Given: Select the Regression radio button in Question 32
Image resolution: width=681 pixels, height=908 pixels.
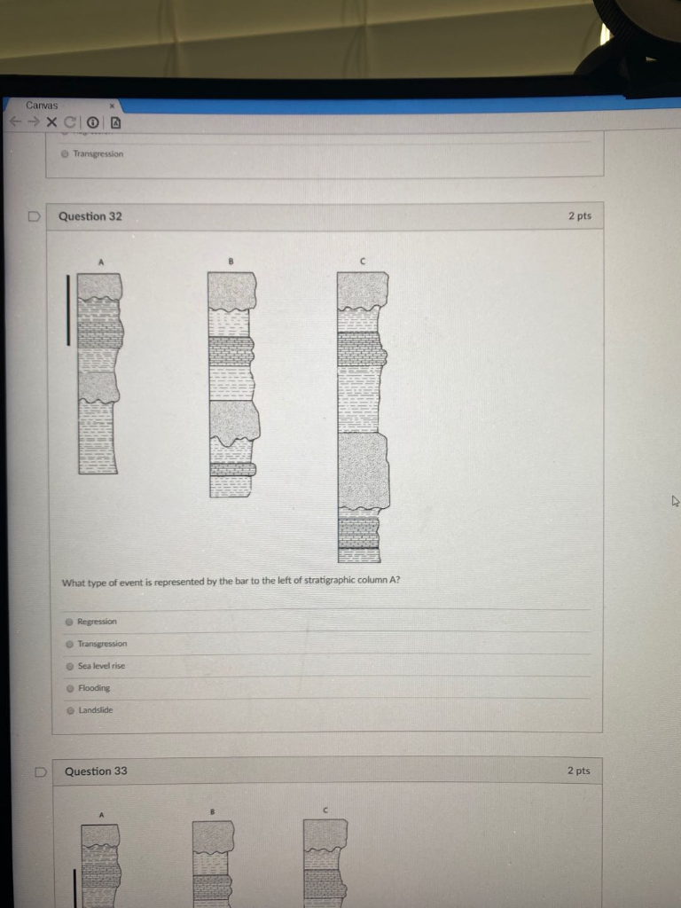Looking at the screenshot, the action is tap(69, 622).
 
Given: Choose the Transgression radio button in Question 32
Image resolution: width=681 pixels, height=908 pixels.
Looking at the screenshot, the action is tap(69, 644).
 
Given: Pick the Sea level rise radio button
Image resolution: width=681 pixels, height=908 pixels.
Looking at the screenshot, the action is tap(70, 666).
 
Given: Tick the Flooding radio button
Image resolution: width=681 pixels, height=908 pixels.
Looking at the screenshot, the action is tap(71, 688).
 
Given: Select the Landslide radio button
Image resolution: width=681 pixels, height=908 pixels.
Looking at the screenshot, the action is tap(71, 710).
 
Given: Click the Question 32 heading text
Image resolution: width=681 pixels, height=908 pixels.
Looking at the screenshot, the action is tap(90, 216).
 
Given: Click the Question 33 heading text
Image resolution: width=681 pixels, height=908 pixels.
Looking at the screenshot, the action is tap(96, 771).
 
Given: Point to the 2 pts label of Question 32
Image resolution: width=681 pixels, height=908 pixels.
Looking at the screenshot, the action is tap(580, 216).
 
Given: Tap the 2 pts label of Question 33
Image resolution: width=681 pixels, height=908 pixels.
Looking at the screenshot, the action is tap(578, 771).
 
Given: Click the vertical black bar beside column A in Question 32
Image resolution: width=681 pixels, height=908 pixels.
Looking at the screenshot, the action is tap(68, 310).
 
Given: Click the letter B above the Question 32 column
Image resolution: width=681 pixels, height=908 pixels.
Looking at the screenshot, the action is tap(231, 262).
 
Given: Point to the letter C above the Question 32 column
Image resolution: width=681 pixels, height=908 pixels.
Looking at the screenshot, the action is tap(363, 262).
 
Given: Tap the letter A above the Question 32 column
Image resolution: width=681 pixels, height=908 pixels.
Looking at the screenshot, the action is tap(101, 262).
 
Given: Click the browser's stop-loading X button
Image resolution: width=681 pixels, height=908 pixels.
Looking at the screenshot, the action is tap(51, 122).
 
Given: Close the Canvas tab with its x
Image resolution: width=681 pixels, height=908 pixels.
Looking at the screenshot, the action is tap(113, 106).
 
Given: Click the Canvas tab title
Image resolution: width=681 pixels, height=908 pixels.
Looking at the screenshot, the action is tap(42, 106).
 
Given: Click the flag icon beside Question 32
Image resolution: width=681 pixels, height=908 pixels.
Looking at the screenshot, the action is tap(35, 216).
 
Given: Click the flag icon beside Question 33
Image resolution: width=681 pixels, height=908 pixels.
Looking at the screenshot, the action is tap(40, 772).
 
